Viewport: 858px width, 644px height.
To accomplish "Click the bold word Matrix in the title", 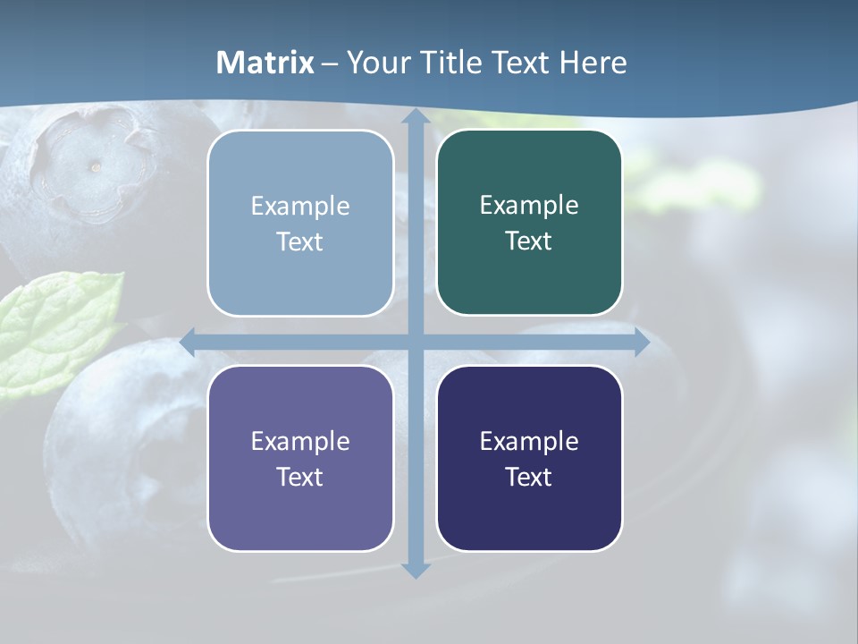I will click(265, 63).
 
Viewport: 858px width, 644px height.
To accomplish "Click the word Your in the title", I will click(376, 63).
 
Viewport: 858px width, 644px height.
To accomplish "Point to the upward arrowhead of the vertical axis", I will click(416, 116).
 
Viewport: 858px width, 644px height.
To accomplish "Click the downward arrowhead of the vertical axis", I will click(416, 570).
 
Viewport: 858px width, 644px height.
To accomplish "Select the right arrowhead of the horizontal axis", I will click(643, 342).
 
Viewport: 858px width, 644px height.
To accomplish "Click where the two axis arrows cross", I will click(416, 342).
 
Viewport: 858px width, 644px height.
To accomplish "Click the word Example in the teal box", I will click(529, 205).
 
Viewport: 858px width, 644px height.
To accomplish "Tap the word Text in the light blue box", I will click(300, 242).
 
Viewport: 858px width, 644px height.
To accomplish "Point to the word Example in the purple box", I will click(300, 441).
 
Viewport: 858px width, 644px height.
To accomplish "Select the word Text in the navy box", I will click(529, 477).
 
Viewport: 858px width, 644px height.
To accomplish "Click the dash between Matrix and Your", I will click(330, 64).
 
